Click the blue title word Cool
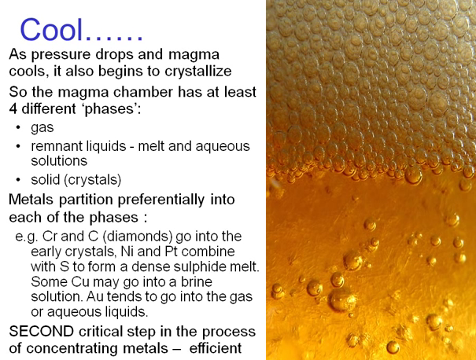(x=52, y=29)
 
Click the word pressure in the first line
(x=61, y=55)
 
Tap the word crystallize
(x=198, y=72)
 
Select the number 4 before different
(x=13, y=108)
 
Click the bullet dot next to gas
(x=18, y=127)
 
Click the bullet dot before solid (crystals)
(x=18, y=180)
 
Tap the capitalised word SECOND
(x=41, y=331)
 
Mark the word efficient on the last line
(x=216, y=348)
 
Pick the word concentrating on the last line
(x=97, y=348)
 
